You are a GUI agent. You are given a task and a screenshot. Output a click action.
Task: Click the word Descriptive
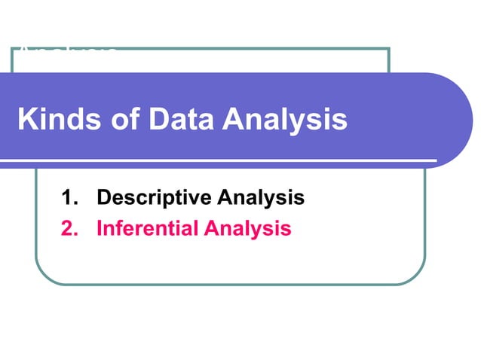point(152,198)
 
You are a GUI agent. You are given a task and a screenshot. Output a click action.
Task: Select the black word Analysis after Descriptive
point(260,198)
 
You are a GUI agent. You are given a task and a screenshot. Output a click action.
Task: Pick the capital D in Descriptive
point(105,198)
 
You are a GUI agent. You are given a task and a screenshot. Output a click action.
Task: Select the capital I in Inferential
point(100,228)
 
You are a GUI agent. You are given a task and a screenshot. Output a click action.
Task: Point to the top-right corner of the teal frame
point(388,49)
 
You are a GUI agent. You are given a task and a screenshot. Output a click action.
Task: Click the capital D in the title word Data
point(157,120)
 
